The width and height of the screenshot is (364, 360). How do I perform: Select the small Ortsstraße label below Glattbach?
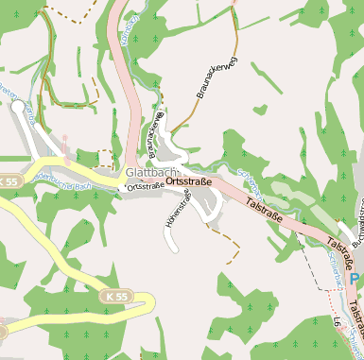[x=144, y=187]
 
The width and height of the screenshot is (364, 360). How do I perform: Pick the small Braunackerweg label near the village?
[x=155, y=132]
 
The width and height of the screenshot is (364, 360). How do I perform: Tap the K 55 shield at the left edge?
[x=9, y=180]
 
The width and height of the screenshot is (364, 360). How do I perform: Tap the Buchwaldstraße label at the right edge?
[x=357, y=227]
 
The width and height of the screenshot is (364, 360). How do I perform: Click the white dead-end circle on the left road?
[x=17, y=108]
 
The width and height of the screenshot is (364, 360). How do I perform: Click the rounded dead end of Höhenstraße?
[x=172, y=249]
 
